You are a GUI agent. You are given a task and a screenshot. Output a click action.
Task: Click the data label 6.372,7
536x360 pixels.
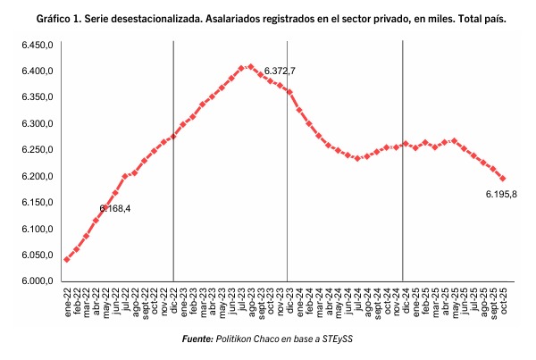tap(280, 71)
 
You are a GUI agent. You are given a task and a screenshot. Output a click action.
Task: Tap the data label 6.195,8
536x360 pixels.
tap(501, 195)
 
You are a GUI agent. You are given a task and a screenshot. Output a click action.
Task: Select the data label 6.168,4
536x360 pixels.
tap(115, 208)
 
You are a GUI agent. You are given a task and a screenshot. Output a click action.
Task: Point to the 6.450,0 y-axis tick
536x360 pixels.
tap(38, 45)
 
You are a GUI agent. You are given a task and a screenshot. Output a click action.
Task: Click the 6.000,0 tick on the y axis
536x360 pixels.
tap(38, 280)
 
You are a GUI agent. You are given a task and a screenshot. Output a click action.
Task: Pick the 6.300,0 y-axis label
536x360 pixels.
tap(38, 123)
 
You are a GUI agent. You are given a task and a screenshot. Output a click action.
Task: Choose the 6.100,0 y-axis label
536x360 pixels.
tap(38, 229)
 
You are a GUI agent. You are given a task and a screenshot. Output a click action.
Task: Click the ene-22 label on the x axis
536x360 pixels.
tap(67, 302)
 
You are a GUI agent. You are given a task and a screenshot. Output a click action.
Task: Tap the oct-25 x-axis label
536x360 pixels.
tap(504, 301)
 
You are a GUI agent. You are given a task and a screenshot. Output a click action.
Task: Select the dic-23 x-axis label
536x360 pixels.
tap(289, 301)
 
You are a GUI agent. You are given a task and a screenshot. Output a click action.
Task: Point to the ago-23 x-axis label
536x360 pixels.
tap(251, 302)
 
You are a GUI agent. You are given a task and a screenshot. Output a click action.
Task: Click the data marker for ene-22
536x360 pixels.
tap(67, 259)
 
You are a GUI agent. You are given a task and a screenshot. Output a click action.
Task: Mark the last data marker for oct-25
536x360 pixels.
tap(503, 179)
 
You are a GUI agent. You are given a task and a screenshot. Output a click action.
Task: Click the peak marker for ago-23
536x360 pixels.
tap(250, 67)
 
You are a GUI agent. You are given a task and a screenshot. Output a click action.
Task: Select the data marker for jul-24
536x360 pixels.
tap(357, 158)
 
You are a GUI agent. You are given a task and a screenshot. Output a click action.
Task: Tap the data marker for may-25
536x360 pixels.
tap(455, 141)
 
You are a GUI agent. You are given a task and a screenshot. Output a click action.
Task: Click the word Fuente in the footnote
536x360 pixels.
tap(197, 339)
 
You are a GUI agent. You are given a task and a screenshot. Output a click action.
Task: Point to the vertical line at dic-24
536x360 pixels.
tap(402, 161)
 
